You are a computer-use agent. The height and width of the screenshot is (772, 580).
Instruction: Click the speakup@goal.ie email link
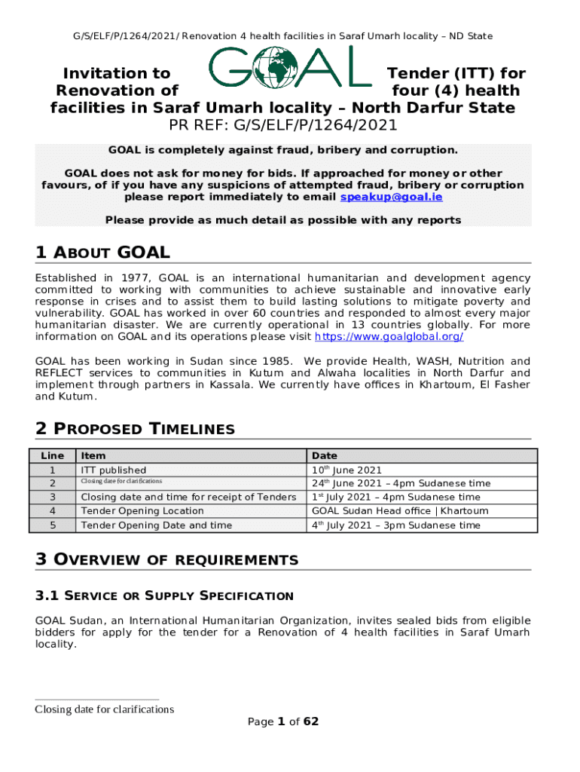(x=391, y=198)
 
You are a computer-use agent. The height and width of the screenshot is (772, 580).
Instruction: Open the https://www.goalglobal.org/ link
(x=389, y=337)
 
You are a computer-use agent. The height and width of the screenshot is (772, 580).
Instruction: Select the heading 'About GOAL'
(x=102, y=253)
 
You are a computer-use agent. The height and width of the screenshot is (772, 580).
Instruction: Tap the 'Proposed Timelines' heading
(x=135, y=429)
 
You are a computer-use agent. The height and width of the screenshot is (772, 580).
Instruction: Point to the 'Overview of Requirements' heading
(x=166, y=559)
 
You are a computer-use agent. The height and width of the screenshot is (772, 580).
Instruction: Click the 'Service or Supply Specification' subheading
(x=164, y=596)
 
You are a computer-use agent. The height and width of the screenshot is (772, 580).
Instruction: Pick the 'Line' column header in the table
(x=52, y=455)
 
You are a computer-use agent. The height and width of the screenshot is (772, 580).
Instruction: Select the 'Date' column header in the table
(x=325, y=455)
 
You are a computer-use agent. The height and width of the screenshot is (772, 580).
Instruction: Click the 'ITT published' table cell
(x=113, y=470)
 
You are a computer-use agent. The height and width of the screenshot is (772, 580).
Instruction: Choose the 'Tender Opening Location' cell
(x=131, y=511)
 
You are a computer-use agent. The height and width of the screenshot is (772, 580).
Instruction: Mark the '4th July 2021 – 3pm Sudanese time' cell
(x=395, y=525)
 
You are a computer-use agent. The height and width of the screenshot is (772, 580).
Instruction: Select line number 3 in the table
(x=52, y=498)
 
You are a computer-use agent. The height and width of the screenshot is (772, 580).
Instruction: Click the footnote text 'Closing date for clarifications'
(x=105, y=709)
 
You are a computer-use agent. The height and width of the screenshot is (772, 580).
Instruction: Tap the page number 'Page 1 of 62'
(x=283, y=721)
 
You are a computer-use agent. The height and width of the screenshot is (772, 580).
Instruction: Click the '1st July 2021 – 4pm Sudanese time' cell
(x=395, y=498)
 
